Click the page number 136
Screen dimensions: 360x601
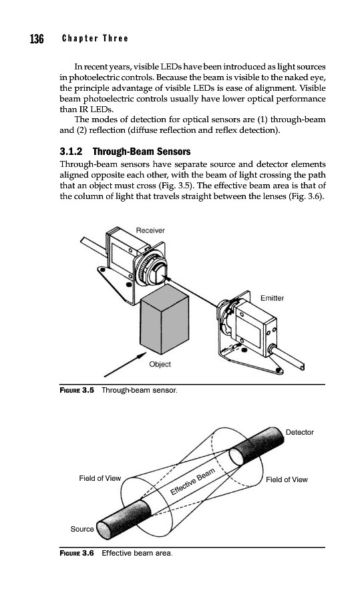point(37,39)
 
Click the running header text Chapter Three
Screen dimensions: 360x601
point(95,38)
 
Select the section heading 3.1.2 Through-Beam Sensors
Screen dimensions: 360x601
point(125,152)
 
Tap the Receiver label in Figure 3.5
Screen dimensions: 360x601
point(150,230)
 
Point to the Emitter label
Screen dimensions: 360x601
point(273,298)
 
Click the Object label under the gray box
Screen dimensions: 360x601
point(160,364)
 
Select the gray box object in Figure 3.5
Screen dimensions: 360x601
point(165,321)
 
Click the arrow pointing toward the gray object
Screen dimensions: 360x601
point(125,365)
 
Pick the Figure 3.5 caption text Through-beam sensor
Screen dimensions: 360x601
point(140,390)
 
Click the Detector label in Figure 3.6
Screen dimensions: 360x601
point(300,432)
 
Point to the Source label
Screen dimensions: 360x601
point(82,529)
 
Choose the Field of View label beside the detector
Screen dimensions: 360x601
point(287,479)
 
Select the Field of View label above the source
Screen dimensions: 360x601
point(100,478)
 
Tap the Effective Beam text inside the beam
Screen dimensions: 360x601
point(192,481)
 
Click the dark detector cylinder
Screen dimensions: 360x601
point(257,446)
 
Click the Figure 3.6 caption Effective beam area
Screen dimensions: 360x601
point(137,553)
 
